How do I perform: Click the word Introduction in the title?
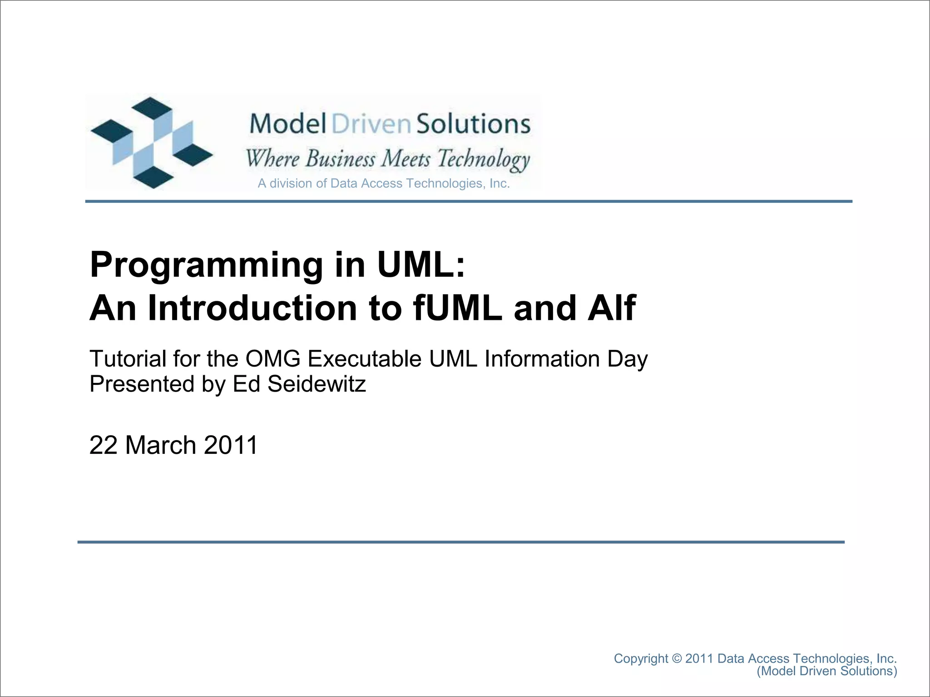[x=252, y=309]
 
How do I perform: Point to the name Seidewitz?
[x=316, y=384]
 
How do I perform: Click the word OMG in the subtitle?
[x=273, y=359]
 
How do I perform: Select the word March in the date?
[x=160, y=445]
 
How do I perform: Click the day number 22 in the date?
[x=104, y=445]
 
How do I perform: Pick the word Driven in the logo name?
[x=371, y=123]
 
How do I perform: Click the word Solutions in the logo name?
[x=473, y=123]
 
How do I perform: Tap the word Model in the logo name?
[x=288, y=123]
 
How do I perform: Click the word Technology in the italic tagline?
[x=483, y=159]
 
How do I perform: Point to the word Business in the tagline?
[x=340, y=159]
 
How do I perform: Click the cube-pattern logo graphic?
[x=152, y=142]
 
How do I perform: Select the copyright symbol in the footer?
[x=677, y=658]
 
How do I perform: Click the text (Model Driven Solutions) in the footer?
[x=826, y=671]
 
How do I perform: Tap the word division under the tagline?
[x=291, y=183]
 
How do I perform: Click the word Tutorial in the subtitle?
[x=128, y=359]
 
